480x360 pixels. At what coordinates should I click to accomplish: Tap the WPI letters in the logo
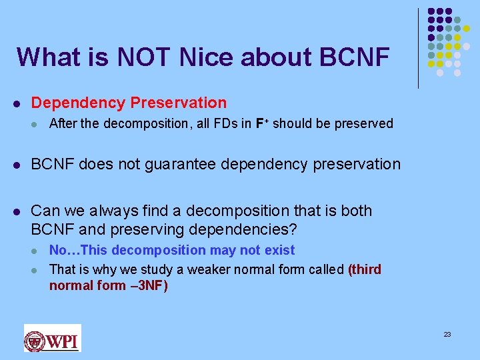(x=63, y=341)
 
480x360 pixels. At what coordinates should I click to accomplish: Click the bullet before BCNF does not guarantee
(x=17, y=165)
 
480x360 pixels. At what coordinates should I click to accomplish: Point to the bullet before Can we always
(x=17, y=211)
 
